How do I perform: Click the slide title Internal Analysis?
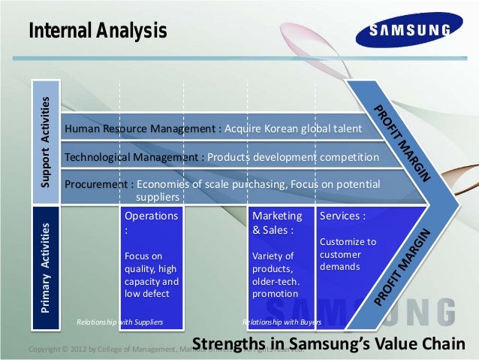(98, 32)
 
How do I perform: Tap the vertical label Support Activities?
(46, 142)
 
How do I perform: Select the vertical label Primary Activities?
(46, 268)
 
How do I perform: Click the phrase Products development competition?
(293, 158)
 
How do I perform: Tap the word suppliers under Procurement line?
(157, 197)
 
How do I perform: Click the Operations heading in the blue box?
(151, 216)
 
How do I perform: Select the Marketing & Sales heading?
(277, 222)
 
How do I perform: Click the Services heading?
(342, 216)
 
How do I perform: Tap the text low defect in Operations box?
(146, 294)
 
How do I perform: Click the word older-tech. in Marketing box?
(276, 282)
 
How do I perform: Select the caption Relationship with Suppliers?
(120, 322)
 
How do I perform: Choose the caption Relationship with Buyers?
(282, 322)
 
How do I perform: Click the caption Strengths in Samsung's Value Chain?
(330, 344)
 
